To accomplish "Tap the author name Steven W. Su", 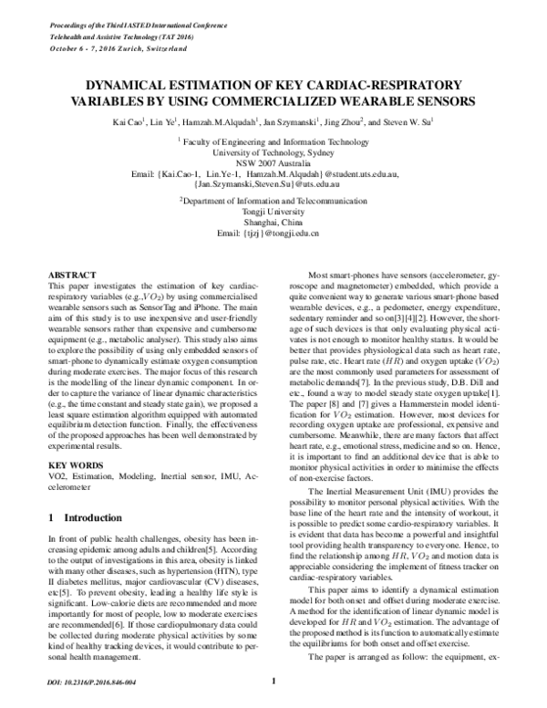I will [406, 120].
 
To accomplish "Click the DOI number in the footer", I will [89, 681].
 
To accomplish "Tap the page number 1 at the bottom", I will [273, 680].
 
